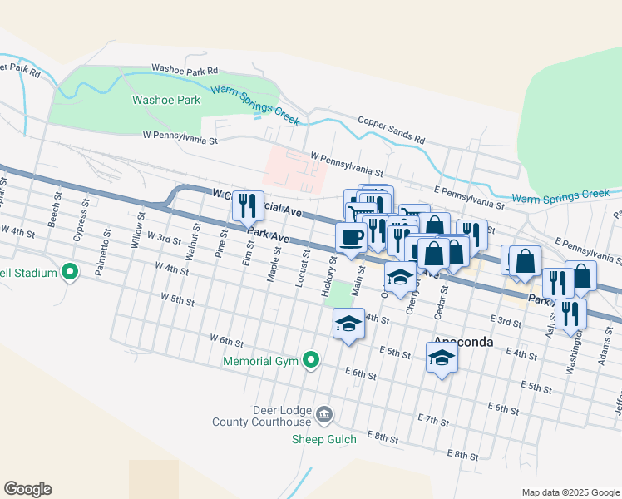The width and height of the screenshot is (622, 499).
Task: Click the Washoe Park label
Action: click(166, 100)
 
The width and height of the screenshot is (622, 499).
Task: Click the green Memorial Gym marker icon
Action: click(311, 360)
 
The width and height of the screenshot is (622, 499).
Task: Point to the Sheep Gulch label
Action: click(323, 439)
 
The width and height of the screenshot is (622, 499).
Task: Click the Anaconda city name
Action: click(464, 342)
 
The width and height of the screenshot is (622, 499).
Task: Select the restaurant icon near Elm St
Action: click(246, 205)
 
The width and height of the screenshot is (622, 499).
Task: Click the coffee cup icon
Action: click(350, 237)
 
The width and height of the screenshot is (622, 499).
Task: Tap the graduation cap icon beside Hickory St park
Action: click(348, 324)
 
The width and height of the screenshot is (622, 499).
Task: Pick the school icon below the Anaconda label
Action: click(442, 358)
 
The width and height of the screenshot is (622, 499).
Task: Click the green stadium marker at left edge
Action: click(71, 272)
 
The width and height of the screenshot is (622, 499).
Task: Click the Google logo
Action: click(27, 489)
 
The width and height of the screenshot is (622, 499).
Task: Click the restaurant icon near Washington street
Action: click(570, 313)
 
